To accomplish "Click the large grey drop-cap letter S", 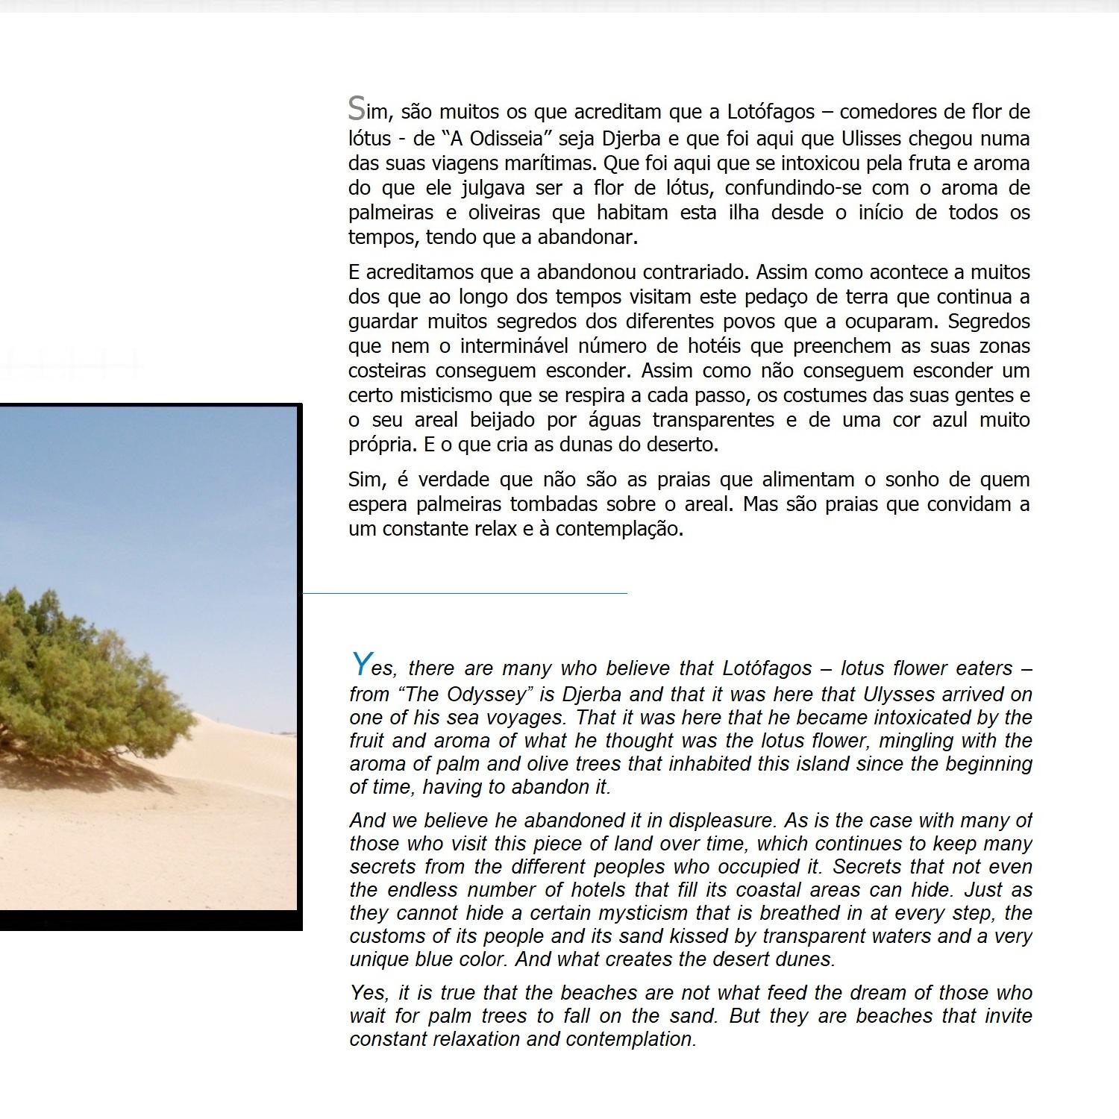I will click(x=357, y=109).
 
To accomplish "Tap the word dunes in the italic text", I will click(x=806, y=959).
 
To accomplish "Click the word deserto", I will click(x=682, y=445).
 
